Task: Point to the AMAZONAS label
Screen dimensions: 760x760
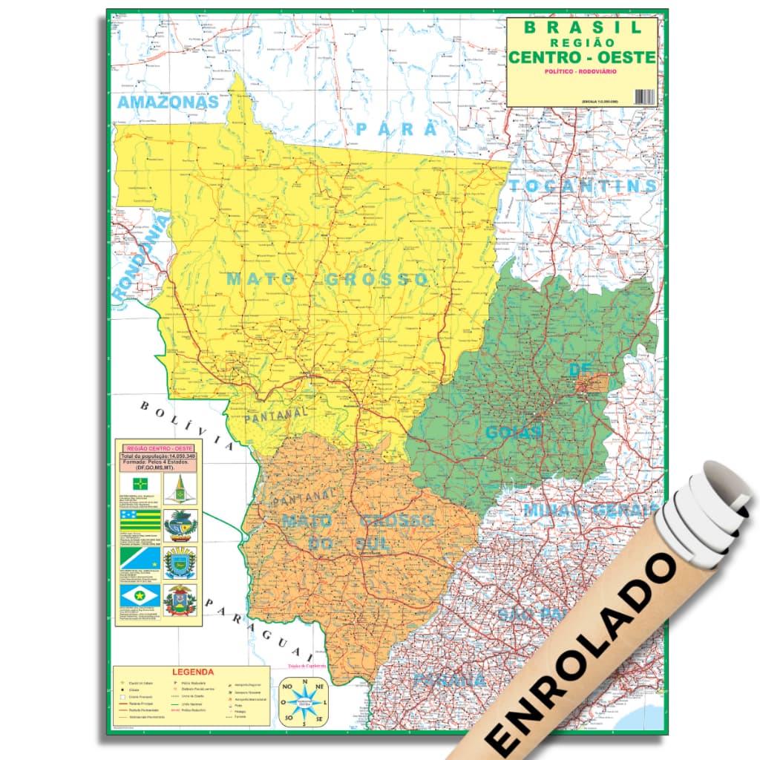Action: tap(168, 102)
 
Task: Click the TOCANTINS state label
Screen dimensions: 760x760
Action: tap(583, 186)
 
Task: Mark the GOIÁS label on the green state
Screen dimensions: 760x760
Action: tap(514, 432)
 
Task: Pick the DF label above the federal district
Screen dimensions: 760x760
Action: tap(579, 369)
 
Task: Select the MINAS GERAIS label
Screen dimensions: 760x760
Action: tap(591, 510)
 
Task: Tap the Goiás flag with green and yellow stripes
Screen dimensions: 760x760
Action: tap(140, 520)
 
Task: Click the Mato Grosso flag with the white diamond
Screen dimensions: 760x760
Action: tap(140, 594)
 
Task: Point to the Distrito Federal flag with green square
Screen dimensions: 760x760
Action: tap(140, 484)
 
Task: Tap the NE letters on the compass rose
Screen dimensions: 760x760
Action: tap(320, 687)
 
